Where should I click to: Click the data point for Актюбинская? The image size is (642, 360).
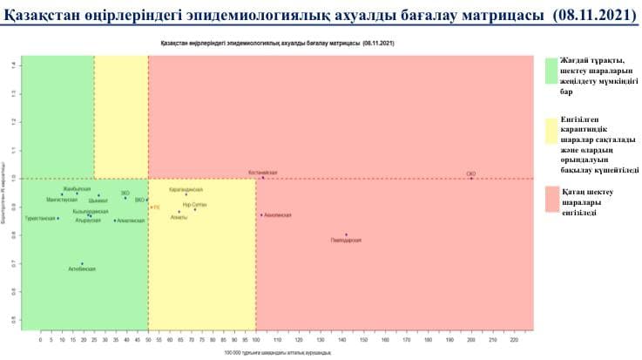coord(83,263)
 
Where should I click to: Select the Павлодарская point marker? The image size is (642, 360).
coord(347,234)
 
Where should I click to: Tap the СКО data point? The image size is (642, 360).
coord(472,178)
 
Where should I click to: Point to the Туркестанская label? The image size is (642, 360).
coord(40,218)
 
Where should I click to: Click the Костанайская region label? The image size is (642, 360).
coord(263,173)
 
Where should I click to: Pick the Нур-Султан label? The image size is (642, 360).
coord(195,204)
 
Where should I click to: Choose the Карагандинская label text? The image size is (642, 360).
coord(186,189)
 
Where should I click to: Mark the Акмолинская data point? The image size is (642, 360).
coord(261,214)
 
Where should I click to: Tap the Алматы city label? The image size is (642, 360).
coord(179,215)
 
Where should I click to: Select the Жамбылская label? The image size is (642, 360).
coord(77,188)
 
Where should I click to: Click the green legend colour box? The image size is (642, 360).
coord(551,71)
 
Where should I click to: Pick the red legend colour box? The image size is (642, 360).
coord(551,199)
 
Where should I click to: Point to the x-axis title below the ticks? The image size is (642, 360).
coord(266,353)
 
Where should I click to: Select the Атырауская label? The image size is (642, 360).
coord(89,221)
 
